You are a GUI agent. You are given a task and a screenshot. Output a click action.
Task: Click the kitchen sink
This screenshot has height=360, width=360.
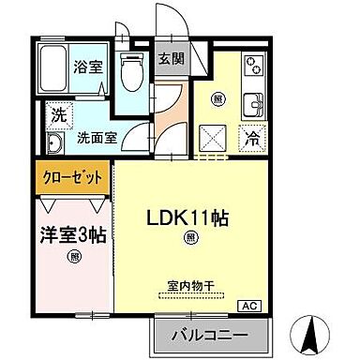pyautogui.click(x=254, y=102)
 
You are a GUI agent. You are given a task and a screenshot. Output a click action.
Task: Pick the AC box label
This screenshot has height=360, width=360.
pyautogui.click(x=252, y=306)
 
